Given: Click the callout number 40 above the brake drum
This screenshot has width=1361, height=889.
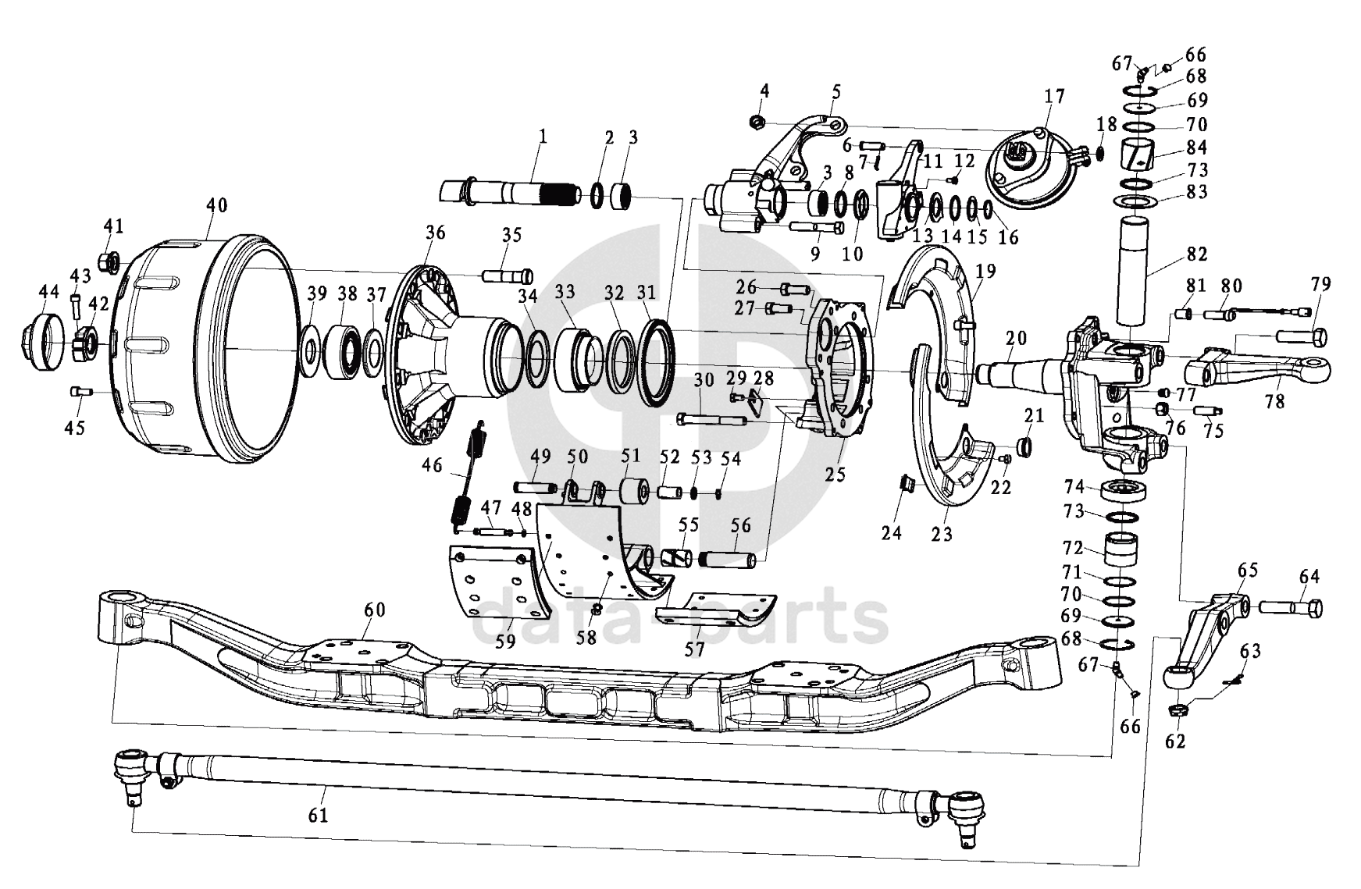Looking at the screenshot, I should tap(216, 205).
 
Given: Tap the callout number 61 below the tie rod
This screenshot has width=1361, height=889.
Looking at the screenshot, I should tap(318, 815).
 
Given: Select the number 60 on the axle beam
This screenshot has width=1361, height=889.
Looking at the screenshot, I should tap(375, 610).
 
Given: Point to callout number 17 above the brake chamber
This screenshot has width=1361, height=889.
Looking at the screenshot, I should tap(1054, 97).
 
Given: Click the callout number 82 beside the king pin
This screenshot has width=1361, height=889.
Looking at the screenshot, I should tap(1197, 254).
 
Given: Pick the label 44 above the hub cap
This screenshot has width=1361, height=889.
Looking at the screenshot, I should tap(48, 292).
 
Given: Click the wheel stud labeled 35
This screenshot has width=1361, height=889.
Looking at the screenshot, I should tap(508, 276).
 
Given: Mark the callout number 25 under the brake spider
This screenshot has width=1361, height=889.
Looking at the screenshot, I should tap(835, 474).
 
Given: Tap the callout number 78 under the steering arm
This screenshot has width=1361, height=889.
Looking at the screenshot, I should tap(1274, 401).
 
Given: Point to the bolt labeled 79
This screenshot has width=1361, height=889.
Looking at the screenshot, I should tap(1301, 337).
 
